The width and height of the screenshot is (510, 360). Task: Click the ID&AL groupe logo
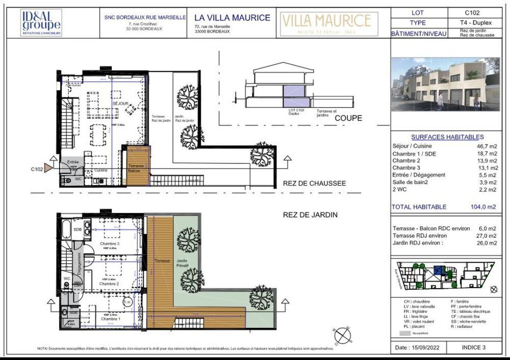41,23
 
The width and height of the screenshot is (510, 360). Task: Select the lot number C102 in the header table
472,13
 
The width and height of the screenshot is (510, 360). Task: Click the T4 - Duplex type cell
472,23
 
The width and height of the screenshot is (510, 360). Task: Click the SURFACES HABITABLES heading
447,137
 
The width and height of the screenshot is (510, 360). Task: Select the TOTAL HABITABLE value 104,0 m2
482,207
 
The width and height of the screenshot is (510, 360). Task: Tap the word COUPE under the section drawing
348,118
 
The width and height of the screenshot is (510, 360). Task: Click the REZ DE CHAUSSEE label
314,183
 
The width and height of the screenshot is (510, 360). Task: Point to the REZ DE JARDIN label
311,215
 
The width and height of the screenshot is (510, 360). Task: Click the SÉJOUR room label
121,103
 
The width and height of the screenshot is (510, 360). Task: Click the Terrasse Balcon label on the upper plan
136,169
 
